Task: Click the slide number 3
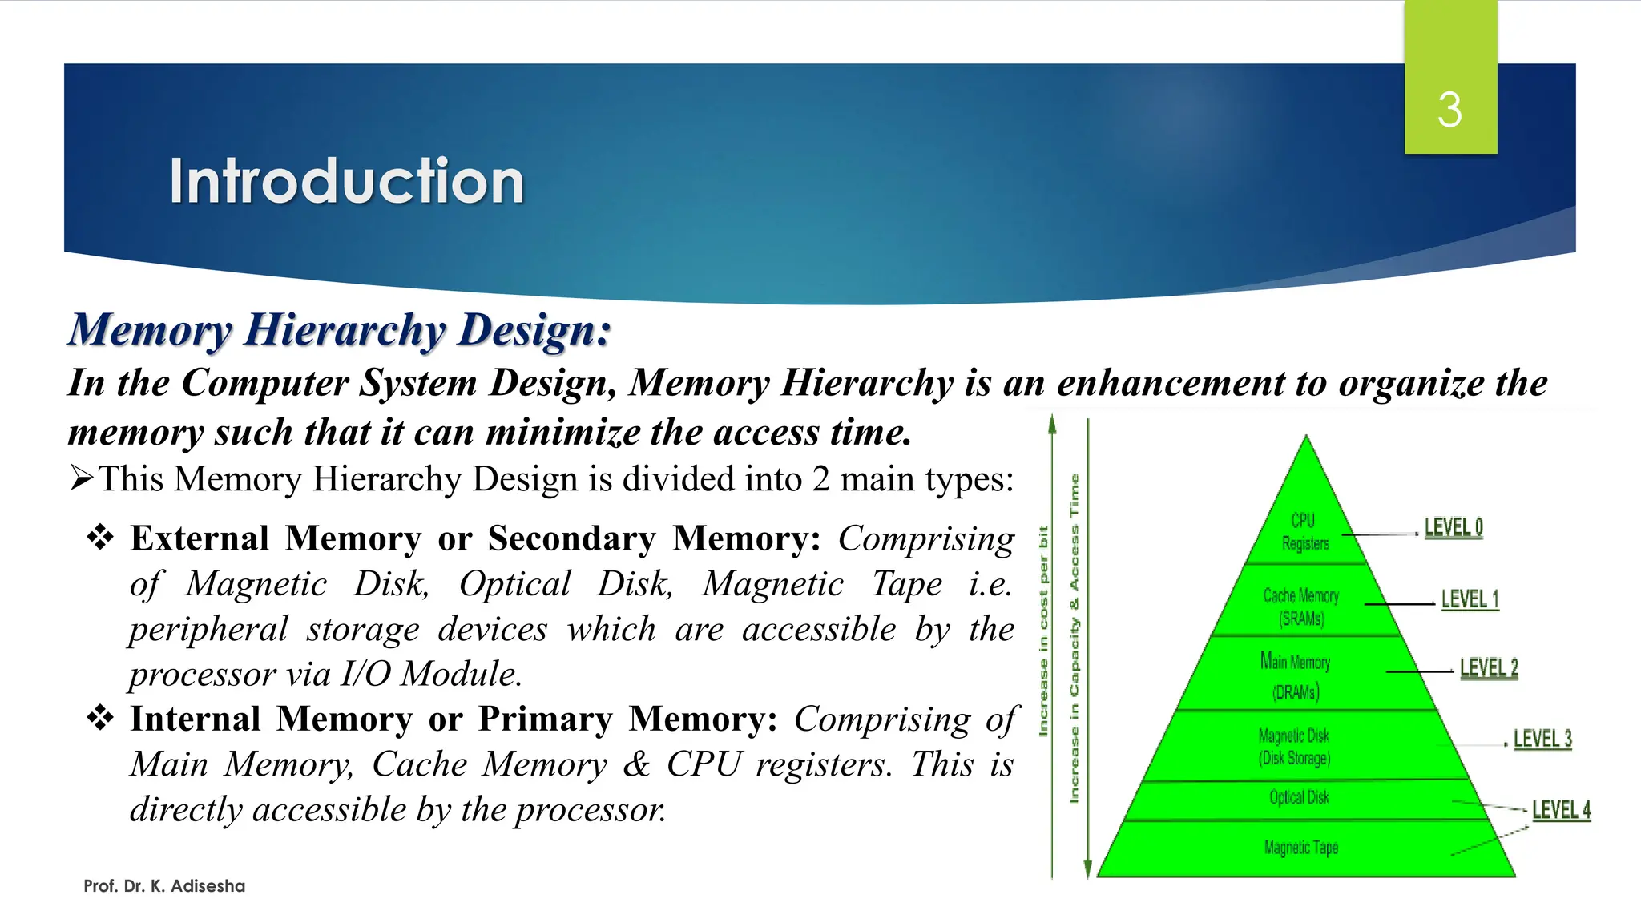1449,110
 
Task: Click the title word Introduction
346,181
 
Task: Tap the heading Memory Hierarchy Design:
339,330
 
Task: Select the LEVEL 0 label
1454,528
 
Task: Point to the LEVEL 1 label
1470,599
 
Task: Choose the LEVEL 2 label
1489,668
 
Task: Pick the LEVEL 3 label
1542,739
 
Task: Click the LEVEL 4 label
1561,810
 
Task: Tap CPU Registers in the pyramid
1304,532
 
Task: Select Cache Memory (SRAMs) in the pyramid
1301,607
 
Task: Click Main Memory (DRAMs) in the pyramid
1296,676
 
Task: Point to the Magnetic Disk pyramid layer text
1294,746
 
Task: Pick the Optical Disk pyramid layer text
1299,797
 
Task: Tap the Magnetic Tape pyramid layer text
1300,847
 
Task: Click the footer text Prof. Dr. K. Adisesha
164,886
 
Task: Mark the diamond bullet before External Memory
100,538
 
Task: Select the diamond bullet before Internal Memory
100,718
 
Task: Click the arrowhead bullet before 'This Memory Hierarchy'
82,478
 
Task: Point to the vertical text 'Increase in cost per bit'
1042,631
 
